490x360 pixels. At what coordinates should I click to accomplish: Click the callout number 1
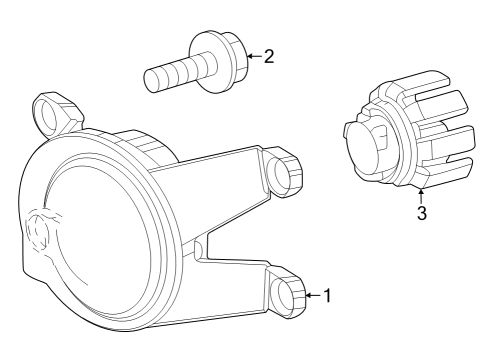pos(327,296)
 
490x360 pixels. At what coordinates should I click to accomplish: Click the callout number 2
pos(268,56)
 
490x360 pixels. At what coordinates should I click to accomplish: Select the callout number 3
pos(421,213)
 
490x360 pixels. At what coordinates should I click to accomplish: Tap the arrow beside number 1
pos(310,295)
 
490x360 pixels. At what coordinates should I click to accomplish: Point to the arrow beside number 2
pos(251,56)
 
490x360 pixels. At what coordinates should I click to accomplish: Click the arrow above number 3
pos(421,193)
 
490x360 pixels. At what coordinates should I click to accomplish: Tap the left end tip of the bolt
pos(150,80)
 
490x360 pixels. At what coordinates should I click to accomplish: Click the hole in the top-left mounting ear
pos(49,117)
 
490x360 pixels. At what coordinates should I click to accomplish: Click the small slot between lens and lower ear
pos(199,247)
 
